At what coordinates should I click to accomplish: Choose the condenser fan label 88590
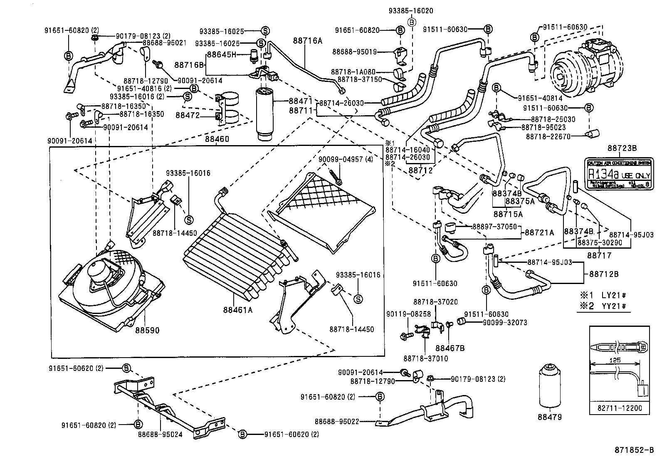click(x=147, y=330)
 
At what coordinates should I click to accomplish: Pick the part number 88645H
click(x=222, y=54)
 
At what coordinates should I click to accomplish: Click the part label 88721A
click(x=539, y=233)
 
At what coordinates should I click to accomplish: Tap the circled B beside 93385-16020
click(x=411, y=22)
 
